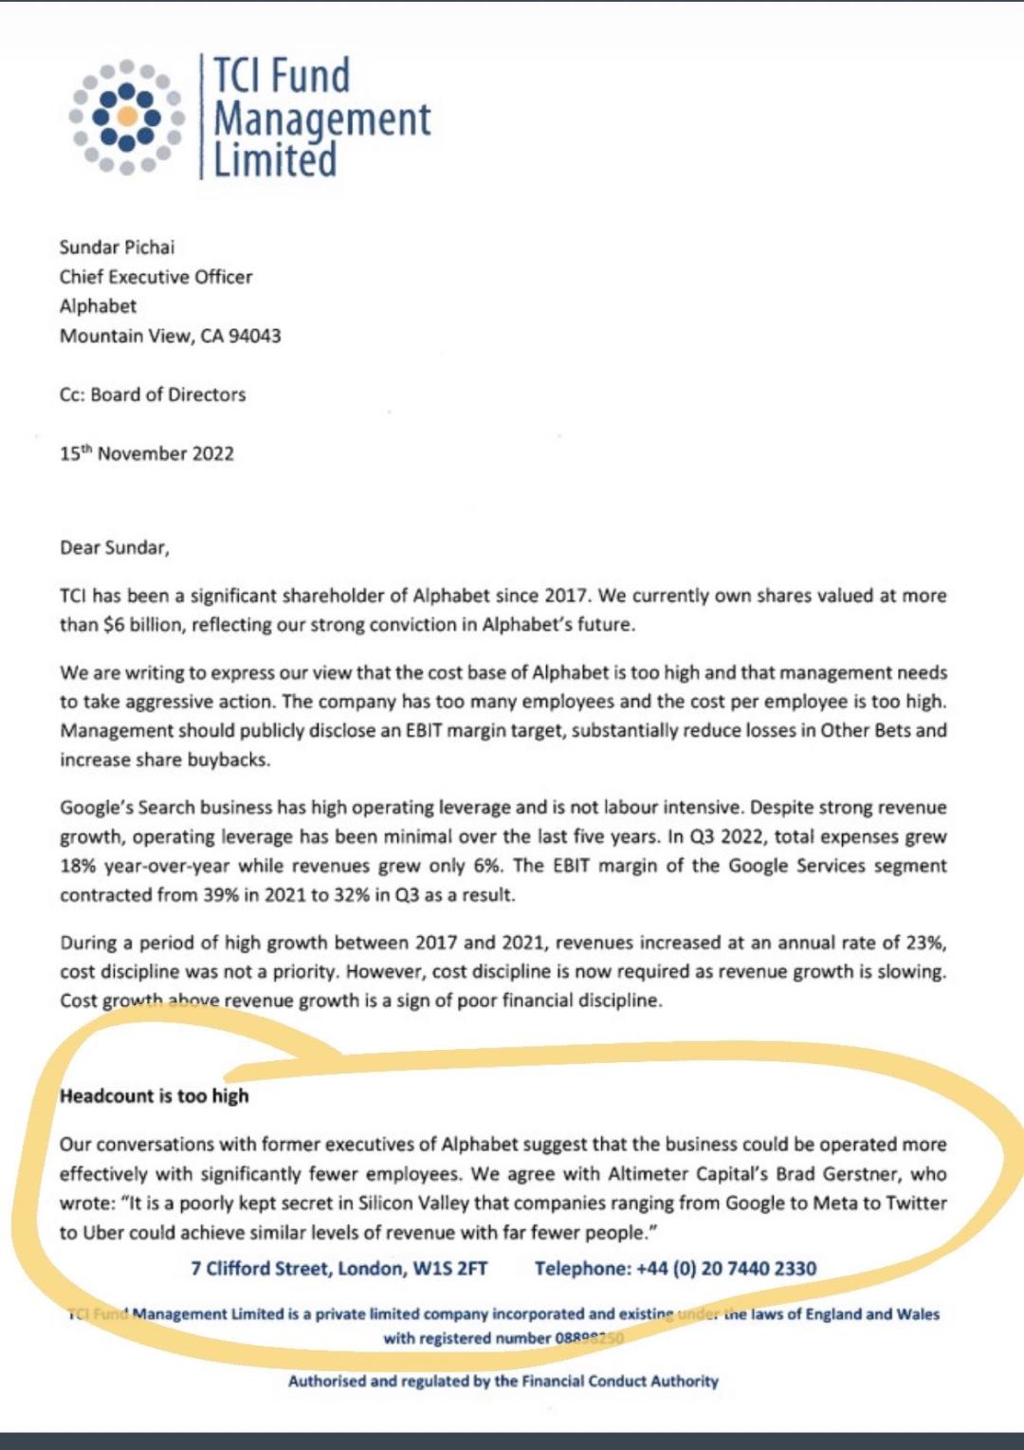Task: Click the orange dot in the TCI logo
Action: (126, 117)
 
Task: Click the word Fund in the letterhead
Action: (307, 76)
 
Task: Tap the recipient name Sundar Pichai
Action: (117, 248)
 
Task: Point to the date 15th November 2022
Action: (146, 453)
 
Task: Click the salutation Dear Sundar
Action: (114, 547)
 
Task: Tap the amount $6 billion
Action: (144, 625)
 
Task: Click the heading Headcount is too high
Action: (154, 1096)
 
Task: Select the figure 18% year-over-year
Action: (146, 866)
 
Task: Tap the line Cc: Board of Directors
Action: (152, 395)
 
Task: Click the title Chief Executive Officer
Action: (155, 277)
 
